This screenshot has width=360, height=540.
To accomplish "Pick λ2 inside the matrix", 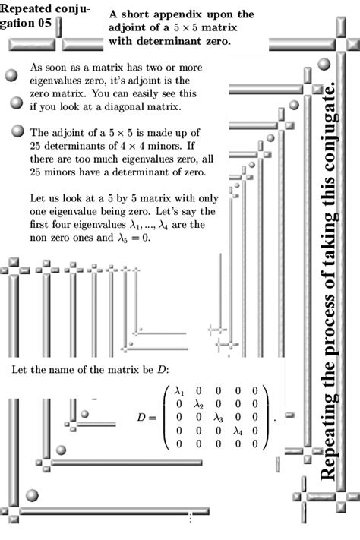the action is (199, 405).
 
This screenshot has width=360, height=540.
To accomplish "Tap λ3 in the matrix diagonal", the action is (218, 417).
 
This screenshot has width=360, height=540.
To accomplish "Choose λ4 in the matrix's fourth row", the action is (237, 430).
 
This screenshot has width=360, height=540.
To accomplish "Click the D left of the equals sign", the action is (141, 418).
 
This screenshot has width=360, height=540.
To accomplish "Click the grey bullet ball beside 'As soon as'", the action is (11, 75).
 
